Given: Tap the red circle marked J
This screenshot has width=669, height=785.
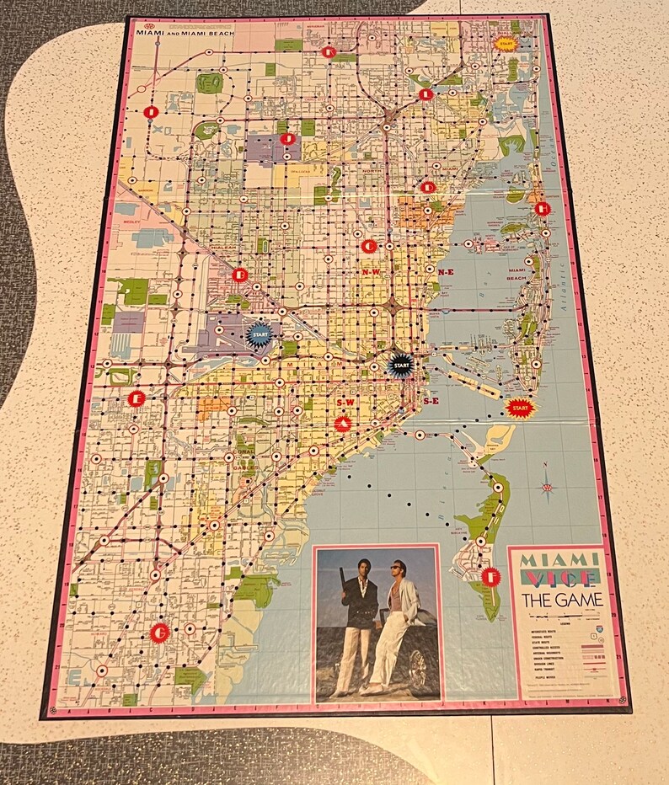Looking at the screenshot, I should pos(287,138).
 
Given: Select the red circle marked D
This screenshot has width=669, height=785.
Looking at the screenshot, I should pos(429,187).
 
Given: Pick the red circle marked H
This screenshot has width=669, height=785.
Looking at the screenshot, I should pos(542,208).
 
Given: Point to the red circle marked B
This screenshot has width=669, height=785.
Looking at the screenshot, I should pos(240,274).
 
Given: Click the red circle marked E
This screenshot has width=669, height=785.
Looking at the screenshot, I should pos(135,398).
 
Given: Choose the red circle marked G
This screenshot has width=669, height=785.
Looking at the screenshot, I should pos(158,632).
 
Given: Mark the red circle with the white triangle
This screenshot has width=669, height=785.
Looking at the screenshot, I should pos(342,424).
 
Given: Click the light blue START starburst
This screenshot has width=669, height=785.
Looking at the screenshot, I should pos(260,333).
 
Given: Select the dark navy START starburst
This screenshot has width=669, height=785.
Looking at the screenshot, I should pos(401,365).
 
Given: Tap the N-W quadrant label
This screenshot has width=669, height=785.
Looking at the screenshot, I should pos(372,272).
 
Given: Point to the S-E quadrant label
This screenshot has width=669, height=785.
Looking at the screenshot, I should pos(431,402).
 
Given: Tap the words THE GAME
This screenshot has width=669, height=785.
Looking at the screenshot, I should pos(562,600).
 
